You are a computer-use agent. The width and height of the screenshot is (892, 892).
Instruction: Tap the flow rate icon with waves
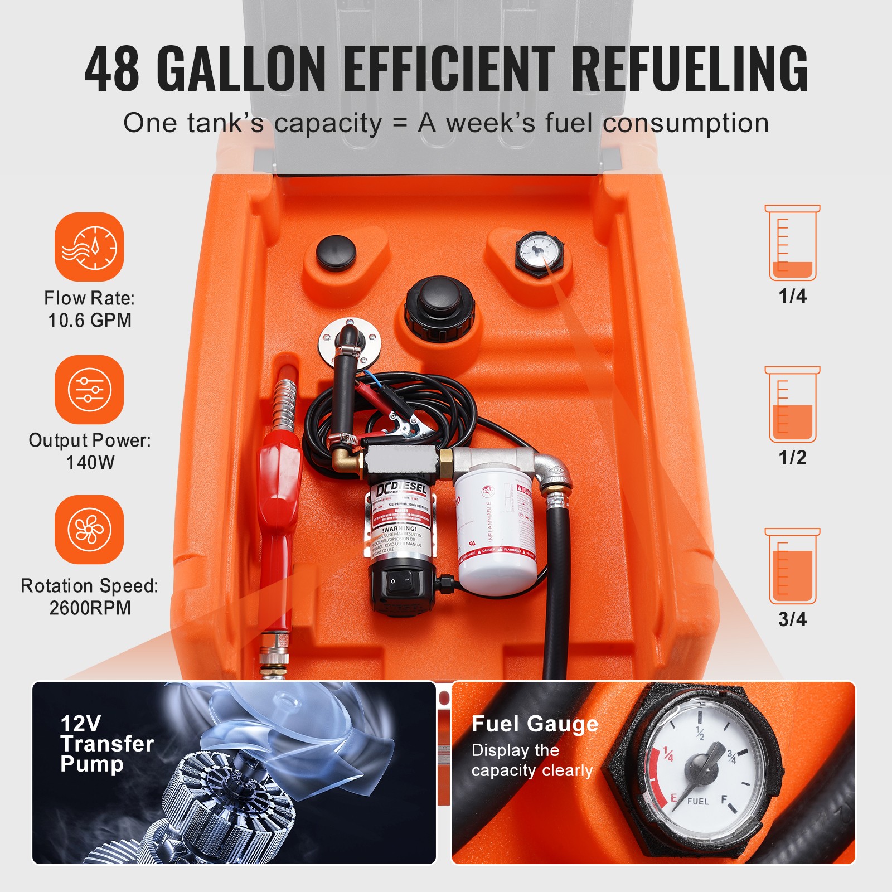coord(89,246)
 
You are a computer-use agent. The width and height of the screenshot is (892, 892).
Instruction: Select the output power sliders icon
coord(89,389)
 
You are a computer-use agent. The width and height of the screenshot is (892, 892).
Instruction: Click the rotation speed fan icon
coord(89,530)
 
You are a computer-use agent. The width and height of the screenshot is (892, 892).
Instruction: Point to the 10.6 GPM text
coord(90,321)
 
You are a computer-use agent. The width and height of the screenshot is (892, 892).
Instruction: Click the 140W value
coord(90,463)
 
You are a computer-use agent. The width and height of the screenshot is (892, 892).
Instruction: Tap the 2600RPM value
coord(90,608)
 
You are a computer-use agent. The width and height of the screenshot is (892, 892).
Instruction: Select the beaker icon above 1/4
coord(792,243)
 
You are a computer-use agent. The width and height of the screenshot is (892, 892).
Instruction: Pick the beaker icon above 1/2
coord(792,405)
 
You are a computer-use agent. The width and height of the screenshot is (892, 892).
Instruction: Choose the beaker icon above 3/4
coord(792,566)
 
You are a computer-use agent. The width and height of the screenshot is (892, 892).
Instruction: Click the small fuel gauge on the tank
coord(539,251)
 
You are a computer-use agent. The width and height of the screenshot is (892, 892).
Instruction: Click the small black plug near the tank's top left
coord(336,252)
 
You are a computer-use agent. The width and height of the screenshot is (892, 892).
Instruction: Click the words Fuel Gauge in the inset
coord(535,724)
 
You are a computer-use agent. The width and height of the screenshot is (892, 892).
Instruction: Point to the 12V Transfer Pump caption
coord(106,744)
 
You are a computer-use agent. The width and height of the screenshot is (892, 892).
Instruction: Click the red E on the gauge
coord(673,798)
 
